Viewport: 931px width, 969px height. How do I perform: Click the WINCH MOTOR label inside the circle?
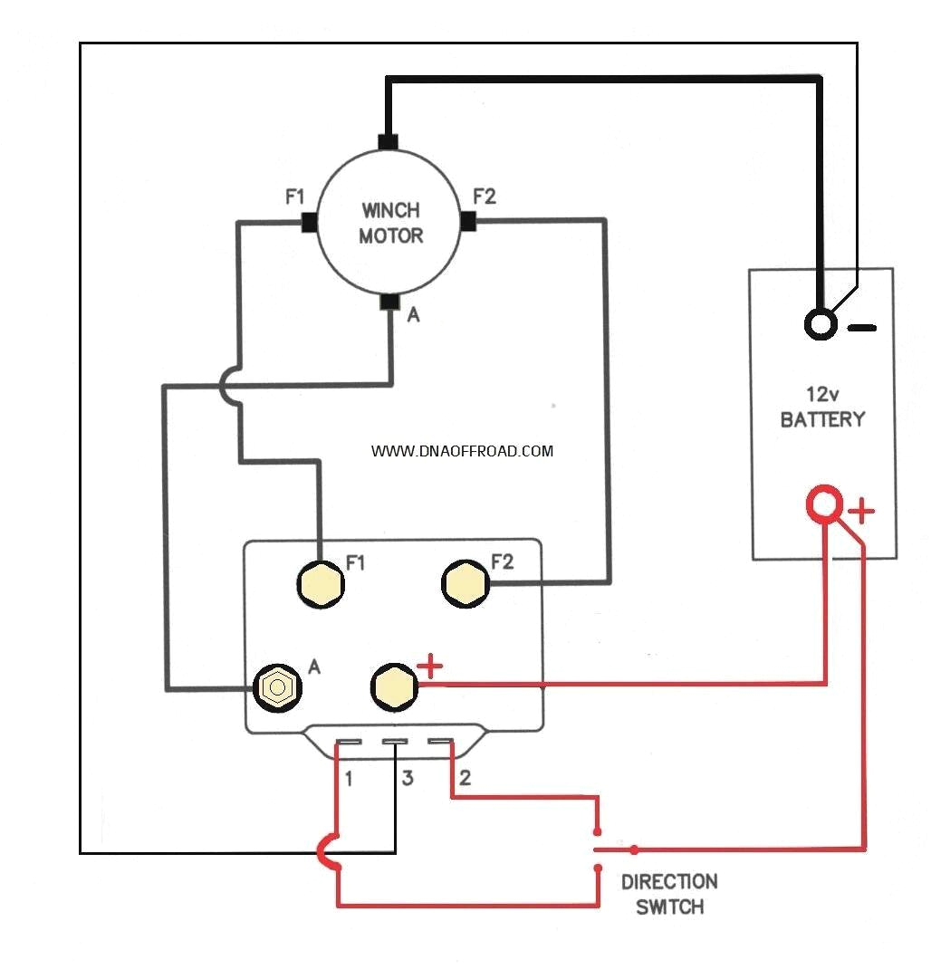tap(391, 223)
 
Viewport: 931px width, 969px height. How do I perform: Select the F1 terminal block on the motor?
tap(308, 222)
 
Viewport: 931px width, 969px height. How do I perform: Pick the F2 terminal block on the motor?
tap(468, 221)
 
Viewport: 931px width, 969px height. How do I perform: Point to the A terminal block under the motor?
tap(389, 302)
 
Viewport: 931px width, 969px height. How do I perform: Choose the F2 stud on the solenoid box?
tap(465, 582)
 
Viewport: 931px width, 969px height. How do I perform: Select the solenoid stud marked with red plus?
tap(394, 686)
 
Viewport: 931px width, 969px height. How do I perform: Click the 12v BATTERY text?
tap(822, 408)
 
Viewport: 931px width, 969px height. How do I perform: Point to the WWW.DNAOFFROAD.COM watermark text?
tap(462, 450)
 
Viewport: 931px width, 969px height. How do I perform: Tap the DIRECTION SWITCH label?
tap(669, 894)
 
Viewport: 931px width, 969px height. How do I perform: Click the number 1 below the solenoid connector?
tap(349, 777)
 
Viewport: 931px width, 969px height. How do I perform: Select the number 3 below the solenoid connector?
tap(408, 777)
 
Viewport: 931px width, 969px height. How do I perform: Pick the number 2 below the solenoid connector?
tap(465, 777)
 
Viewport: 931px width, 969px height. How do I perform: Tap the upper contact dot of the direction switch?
tap(597, 831)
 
